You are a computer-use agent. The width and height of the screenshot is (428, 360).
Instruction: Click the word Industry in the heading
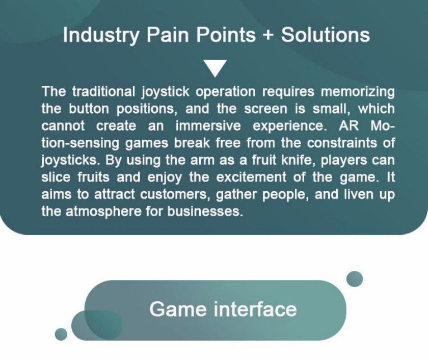click(x=101, y=35)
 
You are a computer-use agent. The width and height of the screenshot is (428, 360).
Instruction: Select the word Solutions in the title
click(x=326, y=35)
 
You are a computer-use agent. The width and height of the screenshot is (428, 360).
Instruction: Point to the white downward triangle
click(x=216, y=68)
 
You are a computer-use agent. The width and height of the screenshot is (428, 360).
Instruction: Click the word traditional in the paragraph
click(x=104, y=91)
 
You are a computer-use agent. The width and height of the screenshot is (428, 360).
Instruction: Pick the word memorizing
click(x=358, y=92)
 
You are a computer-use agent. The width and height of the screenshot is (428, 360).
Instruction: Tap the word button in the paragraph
click(x=89, y=109)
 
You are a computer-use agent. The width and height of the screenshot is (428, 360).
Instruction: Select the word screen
click(x=265, y=109)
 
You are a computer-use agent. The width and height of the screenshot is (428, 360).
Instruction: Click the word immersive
click(x=208, y=126)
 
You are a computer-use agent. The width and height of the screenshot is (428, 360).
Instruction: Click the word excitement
click(x=251, y=177)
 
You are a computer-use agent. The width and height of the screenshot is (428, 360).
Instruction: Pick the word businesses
click(x=205, y=212)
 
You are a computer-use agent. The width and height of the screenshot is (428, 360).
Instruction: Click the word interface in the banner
click(x=255, y=309)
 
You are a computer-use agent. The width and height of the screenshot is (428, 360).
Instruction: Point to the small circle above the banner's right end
click(x=355, y=279)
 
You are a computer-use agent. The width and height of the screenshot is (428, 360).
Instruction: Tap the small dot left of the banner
click(x=61, y=335)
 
